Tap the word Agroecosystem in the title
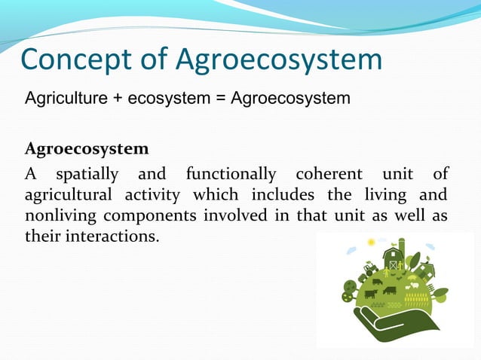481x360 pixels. (279, 60)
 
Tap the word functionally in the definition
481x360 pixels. (231, 175)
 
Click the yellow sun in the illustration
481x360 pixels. (371, 243)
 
